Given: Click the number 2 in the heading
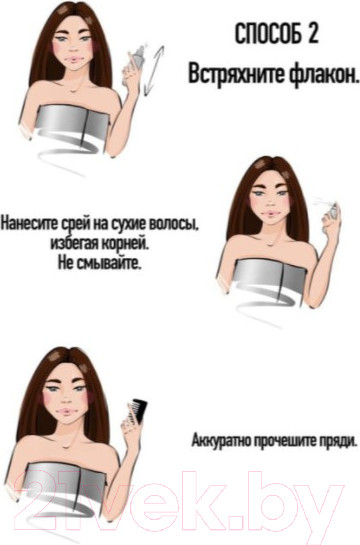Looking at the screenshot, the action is (312, 34).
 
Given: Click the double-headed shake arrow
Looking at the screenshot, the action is (153, 70).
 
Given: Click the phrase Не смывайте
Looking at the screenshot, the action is (100, 264).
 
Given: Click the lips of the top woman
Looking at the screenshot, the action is (74, 59).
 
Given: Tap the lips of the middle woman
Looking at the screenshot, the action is (269, 213).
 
